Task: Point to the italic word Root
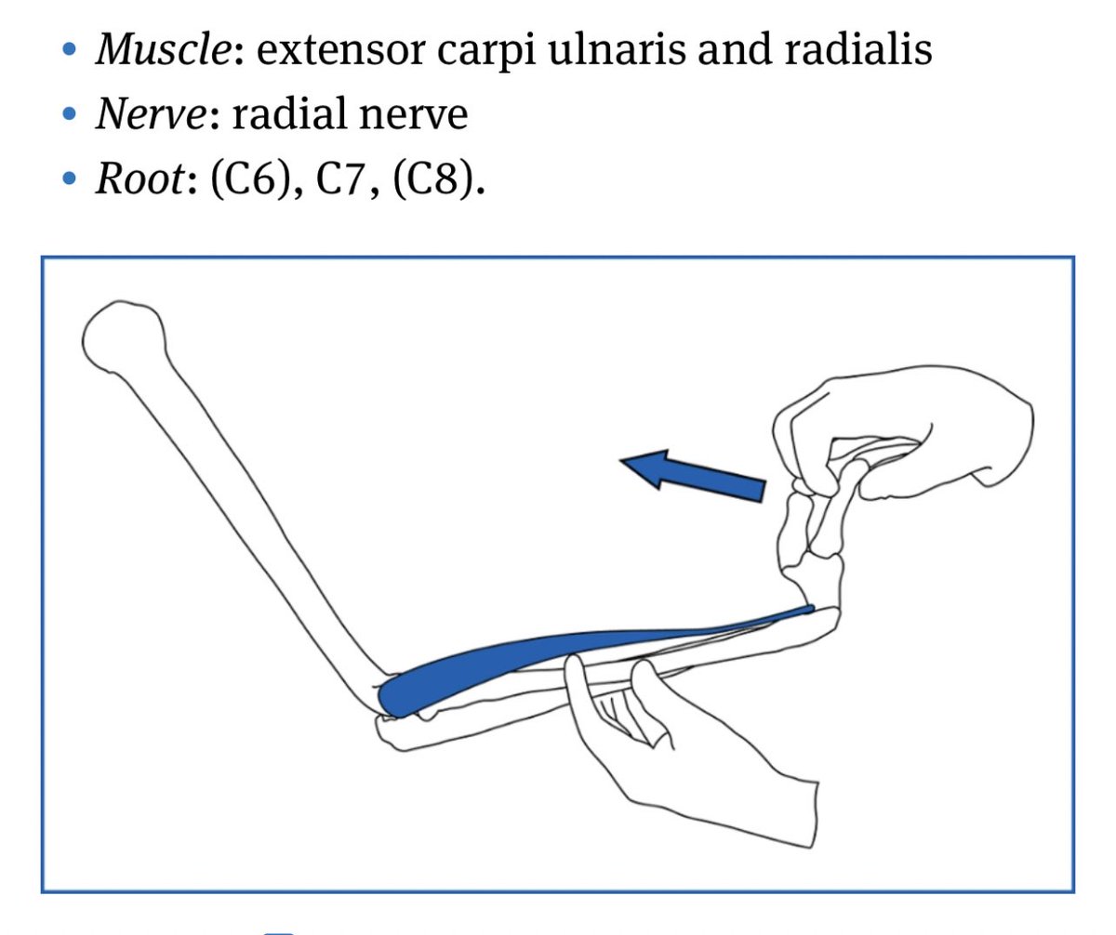pos(139,178)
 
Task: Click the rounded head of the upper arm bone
pos(123,336)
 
